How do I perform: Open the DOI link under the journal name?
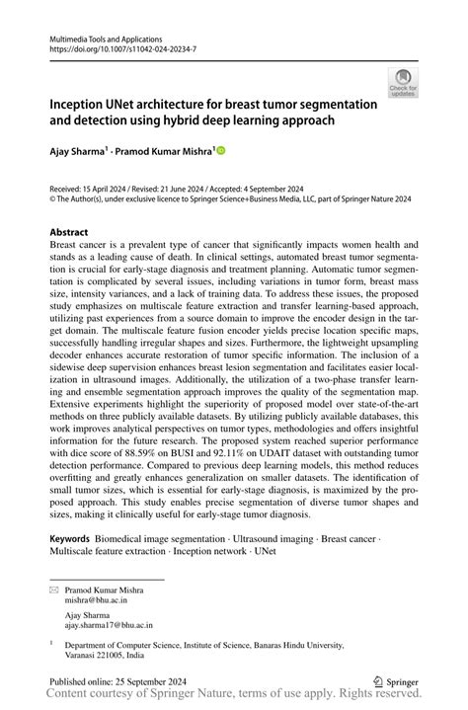116,47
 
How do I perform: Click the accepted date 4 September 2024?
299,187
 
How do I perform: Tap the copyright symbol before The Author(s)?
53,197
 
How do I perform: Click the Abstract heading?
74,232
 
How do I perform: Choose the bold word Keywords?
76,539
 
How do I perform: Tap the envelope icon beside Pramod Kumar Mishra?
55,590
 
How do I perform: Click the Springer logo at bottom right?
395,681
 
